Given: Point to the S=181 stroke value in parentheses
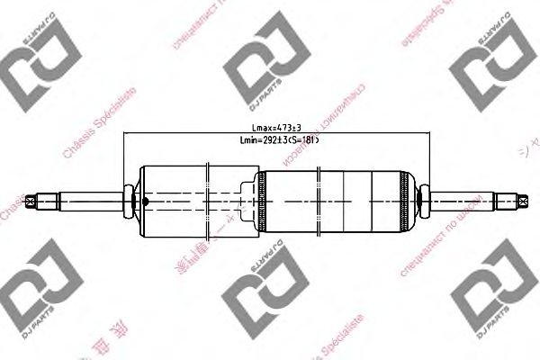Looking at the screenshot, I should tap(304, 141).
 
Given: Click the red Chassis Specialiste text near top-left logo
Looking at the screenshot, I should tap(99, 126).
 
